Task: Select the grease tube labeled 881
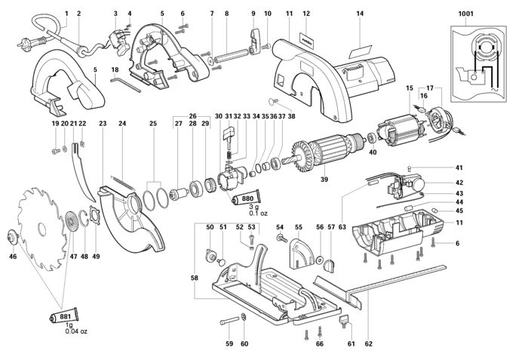(x=64, y=316)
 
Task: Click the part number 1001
(x=465, y=14)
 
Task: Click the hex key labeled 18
(x=126, y=85)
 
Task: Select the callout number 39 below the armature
(x=324, y=180)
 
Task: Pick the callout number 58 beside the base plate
(x=194, y=278)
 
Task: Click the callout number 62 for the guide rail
(x=369, y=343)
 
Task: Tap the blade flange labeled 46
(x=13, y=237)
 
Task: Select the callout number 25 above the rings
(x=153, y=124)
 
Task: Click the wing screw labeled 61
(x=343, y=320)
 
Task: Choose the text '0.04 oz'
(x=76, y=331)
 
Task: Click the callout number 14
(x=360, y=14)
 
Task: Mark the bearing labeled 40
(x=372, y=139)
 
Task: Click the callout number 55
(x=299, y=227)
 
